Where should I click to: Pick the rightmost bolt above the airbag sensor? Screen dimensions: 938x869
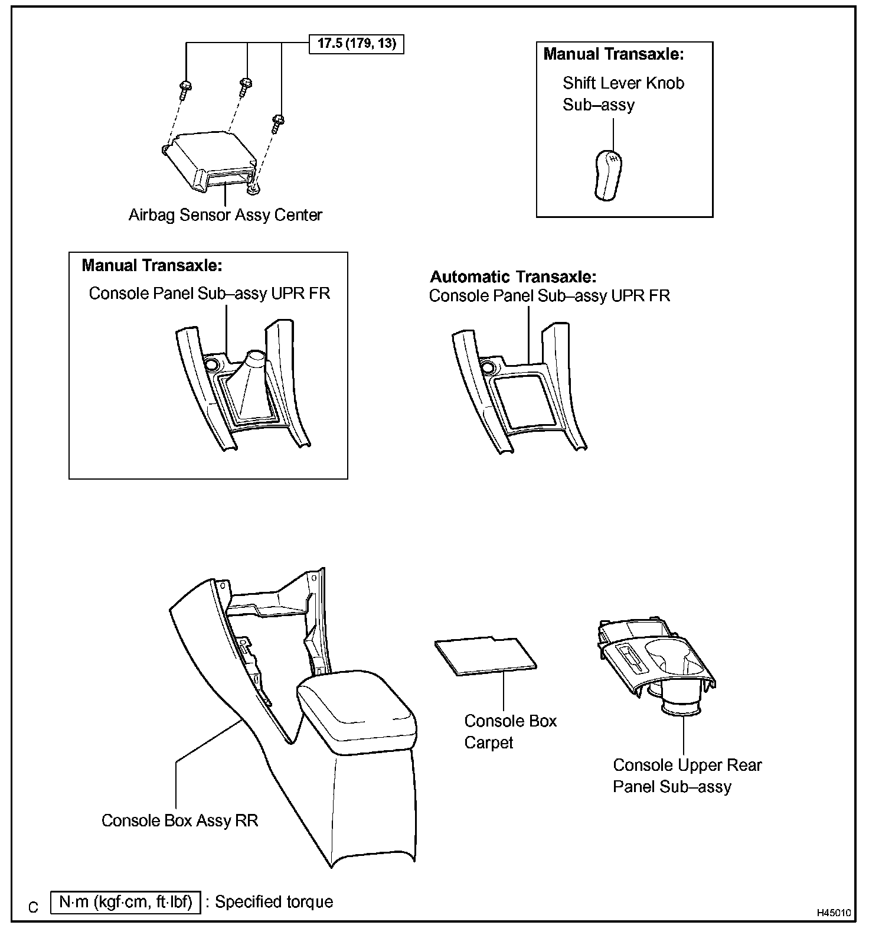click(x=278, y=122)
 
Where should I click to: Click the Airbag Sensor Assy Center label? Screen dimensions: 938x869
click(x=226, y=214)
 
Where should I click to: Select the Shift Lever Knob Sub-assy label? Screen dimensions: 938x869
click(x=623, y=94)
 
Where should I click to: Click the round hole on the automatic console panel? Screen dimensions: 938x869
click(x=488, y=368)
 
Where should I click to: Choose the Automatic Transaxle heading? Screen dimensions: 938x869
click(x=513, y=276)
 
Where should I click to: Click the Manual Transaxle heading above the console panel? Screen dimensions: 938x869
click(x=152, y=265)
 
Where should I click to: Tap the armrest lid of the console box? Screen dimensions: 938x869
click(x=356, y=709)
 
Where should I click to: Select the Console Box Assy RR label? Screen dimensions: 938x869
click(x=180, y=820)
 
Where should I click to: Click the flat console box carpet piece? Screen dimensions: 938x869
click(x=486, y=654)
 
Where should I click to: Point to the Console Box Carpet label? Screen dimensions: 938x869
click(x=510, y=731)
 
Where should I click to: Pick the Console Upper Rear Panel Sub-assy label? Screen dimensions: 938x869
click(x=687, y=776)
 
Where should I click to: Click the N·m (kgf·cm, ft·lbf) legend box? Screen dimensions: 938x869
click(x=126, y=902)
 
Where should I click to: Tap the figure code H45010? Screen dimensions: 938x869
click(x=834, y=913)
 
